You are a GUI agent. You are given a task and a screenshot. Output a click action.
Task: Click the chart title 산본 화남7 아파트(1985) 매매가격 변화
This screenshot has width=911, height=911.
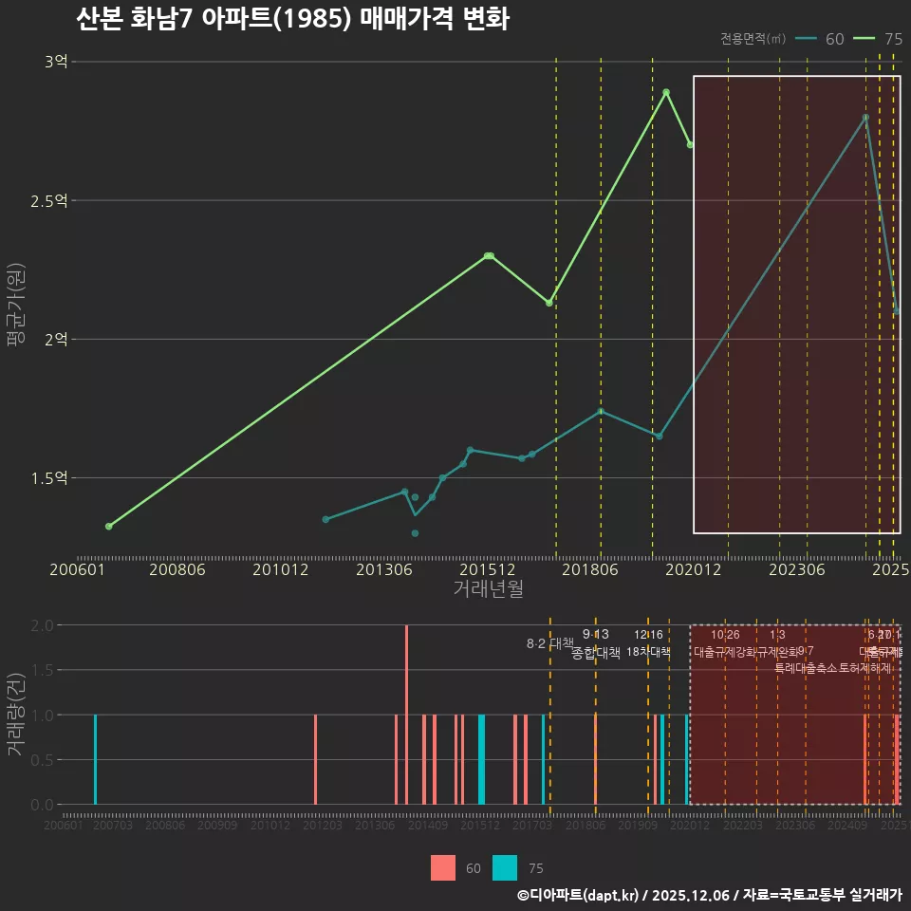coord(292,20)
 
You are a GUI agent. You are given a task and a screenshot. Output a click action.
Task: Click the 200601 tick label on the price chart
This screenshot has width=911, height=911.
coord(77,569)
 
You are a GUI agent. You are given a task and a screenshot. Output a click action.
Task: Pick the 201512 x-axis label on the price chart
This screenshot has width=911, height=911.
coord(488,569)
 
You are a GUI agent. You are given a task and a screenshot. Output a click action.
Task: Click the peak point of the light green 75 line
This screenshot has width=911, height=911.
coord(666,92)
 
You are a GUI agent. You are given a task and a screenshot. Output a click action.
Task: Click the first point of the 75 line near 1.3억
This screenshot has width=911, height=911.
coord(109,526)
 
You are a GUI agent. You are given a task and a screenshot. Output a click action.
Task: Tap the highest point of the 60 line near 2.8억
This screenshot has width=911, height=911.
coord(865,118)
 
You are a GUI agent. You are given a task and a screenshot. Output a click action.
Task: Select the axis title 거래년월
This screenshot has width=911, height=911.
coord(488,588)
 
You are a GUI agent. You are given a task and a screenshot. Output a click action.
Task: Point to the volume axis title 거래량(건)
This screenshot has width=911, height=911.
coord(15,714)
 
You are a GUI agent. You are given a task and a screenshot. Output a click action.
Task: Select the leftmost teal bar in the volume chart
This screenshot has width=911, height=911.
coord(95,759)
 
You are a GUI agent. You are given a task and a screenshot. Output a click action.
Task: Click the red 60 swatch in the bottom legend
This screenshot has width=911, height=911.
coord(443,867)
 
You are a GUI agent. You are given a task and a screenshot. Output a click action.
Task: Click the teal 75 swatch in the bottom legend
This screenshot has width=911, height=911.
coord(505,867)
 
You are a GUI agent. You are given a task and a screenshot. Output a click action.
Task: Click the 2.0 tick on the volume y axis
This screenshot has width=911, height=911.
coord(42,625)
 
